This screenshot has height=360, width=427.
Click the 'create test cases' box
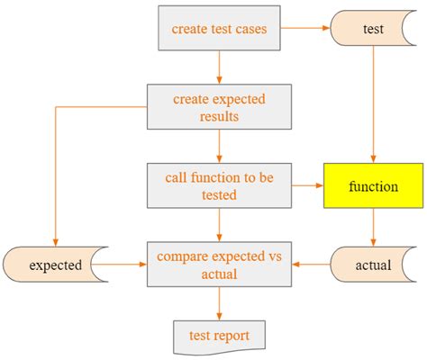[x=219, y=29]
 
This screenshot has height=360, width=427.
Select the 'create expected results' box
[x=219, y=107]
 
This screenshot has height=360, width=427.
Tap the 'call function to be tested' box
[x=219, y=186]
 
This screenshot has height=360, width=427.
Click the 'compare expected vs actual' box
[x=219, y=265]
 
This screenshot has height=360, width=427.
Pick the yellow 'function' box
[x=372, y=186]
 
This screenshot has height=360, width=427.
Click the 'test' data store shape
[x=372, y=29]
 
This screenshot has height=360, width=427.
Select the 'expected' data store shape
[x=56, y=265]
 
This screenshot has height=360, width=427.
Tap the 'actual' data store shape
[x=372, y=265]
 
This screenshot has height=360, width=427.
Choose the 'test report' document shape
[x=219, y=336]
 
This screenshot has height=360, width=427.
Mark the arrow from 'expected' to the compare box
[x=126, y=265]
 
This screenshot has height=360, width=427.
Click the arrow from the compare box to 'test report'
[x=219, y=304]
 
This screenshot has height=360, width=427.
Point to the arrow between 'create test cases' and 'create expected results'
[x=219, y=67]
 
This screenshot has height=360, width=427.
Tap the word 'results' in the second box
[x=219, y=116]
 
